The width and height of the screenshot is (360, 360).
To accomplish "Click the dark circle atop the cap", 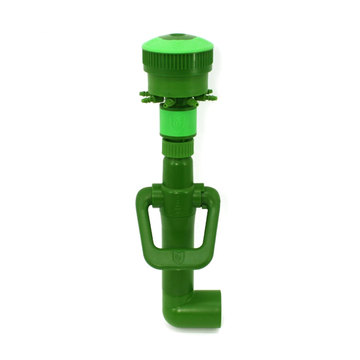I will [x=177, y=37].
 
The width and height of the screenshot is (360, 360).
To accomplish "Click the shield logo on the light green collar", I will [x=176, y=123].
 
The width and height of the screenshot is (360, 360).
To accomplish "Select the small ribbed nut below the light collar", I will [x=176, y=148].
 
